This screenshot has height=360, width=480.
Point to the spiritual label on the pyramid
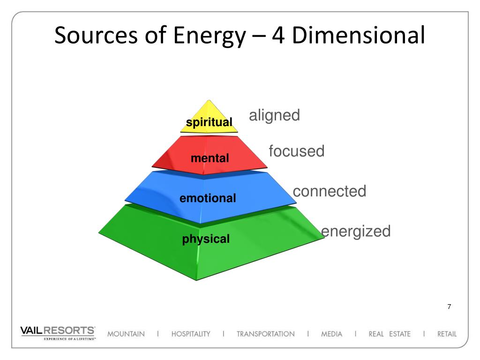(209, 123)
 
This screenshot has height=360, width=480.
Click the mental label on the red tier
(210, 158)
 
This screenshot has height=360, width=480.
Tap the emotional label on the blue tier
(208, 198)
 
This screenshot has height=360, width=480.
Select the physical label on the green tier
(206, 239)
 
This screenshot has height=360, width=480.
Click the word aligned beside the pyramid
(274, 115)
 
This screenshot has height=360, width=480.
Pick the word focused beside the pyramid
(296, 151)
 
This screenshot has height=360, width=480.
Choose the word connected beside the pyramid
(329, 191)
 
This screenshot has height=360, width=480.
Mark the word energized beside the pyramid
(356, 231)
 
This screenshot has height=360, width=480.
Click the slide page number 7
(449, 307)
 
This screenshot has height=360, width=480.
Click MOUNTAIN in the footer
(126, 334)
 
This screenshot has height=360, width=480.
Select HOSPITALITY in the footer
(191, 334)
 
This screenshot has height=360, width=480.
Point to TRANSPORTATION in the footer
(265, 334)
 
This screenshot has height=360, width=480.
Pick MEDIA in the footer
(331, 334)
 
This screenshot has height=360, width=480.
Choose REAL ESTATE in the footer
(389, 334)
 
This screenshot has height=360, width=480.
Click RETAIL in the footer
(446, 334)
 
